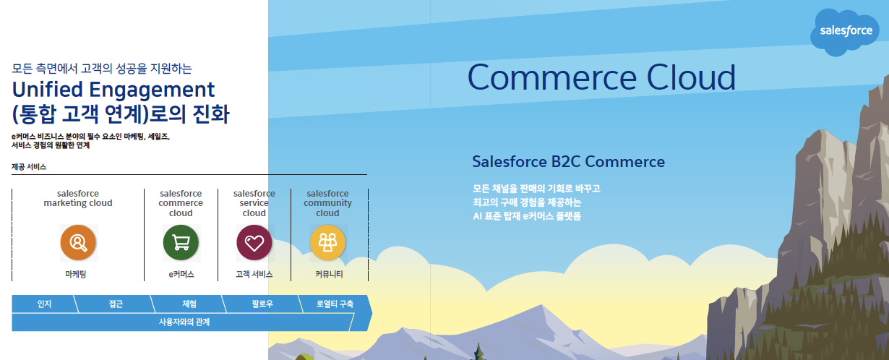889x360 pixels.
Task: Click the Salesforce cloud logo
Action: [844, 32]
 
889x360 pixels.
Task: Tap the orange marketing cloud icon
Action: [78, 242]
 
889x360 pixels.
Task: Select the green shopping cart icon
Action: [181, 242]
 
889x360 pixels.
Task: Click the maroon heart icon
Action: [254, 242]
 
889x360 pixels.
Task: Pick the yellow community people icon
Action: [328, 242]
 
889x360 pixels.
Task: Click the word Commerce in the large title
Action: [552, 77]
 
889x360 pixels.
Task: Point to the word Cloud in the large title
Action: [692, 77]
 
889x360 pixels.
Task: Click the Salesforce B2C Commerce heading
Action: [568, 161]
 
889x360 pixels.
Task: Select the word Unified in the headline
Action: [47, 90]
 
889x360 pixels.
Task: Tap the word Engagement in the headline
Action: [152, 90]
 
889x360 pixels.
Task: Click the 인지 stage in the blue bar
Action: [45, 304]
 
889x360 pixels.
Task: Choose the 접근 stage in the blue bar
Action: [116, 304]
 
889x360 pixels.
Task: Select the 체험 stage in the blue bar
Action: [189, 304]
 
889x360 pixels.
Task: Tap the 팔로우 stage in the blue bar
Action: [262, 304]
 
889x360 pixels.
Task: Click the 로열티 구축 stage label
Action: [335, 304]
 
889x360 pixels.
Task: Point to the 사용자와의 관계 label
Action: [184, 322]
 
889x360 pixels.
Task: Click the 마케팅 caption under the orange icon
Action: [76, 274]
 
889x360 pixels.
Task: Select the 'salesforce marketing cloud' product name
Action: [78, 198]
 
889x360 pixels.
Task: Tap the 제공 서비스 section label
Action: [29, 167]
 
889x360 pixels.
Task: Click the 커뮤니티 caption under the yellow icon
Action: [329, 274]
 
